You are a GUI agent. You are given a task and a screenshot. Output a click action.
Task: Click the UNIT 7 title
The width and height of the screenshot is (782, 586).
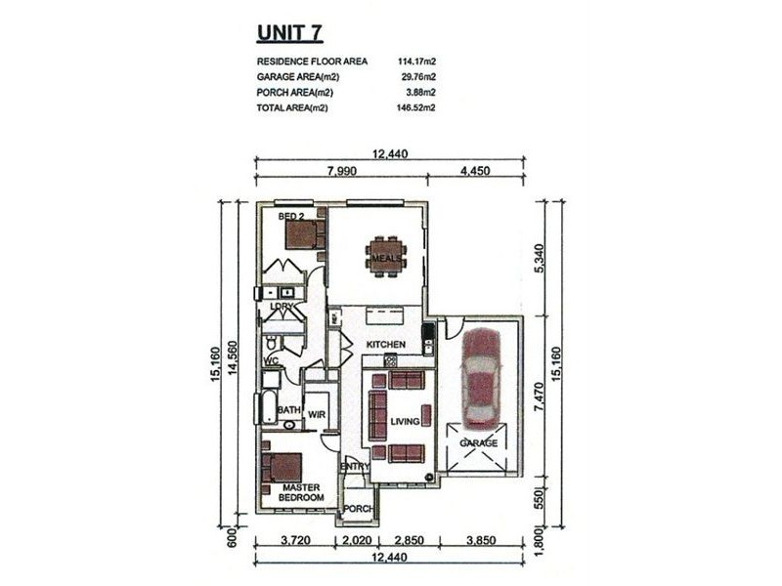click(x=289, y=33)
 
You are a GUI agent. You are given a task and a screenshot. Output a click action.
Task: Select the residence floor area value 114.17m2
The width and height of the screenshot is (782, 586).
click(x=417, y=62)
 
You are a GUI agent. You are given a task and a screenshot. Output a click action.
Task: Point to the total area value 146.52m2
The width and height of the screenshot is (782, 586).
click(x=416, y=107)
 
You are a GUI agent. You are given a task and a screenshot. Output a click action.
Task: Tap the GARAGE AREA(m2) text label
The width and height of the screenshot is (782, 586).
click(x=298, y=77)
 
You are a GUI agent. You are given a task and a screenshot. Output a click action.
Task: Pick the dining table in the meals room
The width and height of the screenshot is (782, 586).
click(x=386, y=258)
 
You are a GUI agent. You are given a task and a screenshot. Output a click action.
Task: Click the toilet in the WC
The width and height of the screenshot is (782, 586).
click(x=272, y=343)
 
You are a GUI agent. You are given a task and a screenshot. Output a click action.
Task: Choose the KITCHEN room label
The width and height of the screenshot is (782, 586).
click(x=386, y=345)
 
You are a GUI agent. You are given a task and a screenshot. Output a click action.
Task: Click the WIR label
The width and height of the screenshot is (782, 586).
click(x=317, y=414)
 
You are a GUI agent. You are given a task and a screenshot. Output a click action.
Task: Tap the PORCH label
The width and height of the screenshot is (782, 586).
click(x=359, y=509)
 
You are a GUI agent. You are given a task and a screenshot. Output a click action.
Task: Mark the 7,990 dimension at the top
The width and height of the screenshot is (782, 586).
click(x=342, y=171)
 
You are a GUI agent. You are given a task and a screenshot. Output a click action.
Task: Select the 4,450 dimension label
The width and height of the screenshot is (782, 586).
click(x=475, y=171)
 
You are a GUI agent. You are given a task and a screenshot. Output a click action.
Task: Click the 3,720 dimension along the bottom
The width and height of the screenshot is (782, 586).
click(x=296, y=540)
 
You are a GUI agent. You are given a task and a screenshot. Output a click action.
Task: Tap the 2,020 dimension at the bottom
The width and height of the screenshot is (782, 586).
click(x=358, y=540)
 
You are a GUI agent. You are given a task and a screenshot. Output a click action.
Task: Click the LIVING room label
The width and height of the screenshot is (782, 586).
click(x=405, y=422)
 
